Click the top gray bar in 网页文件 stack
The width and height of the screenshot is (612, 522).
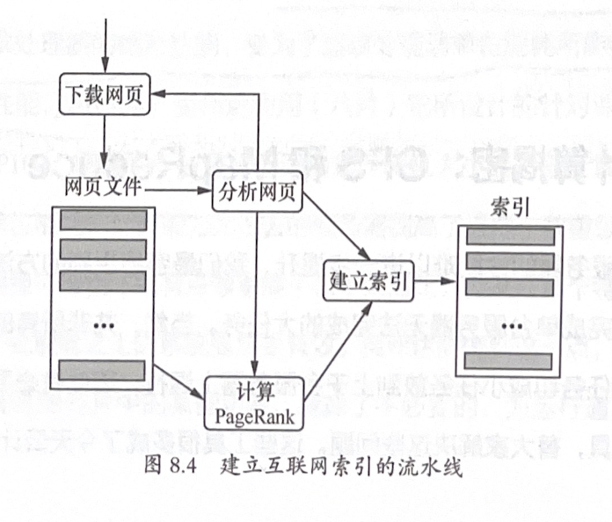pos(103,220)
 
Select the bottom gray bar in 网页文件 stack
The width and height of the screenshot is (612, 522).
pos(103,370)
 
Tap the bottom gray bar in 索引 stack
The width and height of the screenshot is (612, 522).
pos(510,360)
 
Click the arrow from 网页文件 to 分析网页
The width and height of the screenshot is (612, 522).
pos(180,190)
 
